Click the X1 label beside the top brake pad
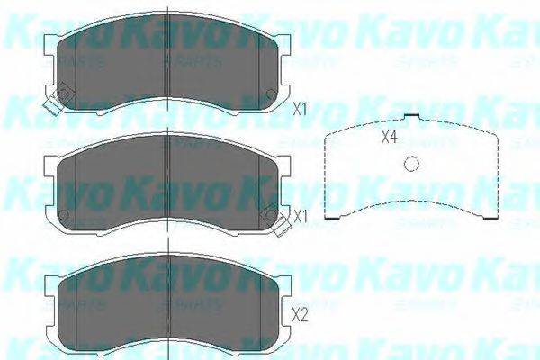coord(301,108)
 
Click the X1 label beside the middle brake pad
coord(301,216)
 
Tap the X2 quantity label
coord(301,315)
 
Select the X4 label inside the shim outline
coord(389,138)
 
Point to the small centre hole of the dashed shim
coord(411,163)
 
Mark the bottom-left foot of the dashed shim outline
coord(334,218)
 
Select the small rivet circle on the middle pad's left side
coord(64,214)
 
